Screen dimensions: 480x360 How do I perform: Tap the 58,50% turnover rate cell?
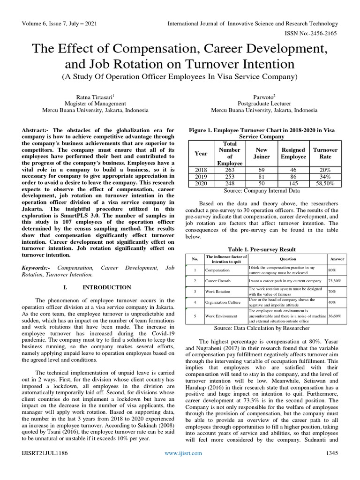pos(325,183)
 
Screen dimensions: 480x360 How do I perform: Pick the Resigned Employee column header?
pos(293,153)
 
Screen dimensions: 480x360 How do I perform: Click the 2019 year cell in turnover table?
pos(200,176)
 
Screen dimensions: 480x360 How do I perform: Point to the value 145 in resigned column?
pos(293,183)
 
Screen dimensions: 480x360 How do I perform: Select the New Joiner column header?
pos(262,153)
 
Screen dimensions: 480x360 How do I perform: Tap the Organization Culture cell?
pos(222,303)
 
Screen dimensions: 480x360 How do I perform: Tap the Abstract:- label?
pos(37,130)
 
